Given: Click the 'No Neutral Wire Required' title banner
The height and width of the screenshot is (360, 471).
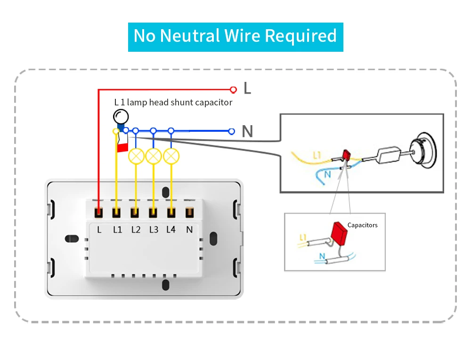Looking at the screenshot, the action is pos(235,37).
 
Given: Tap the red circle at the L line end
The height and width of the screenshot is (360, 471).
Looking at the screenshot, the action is pos(233,89).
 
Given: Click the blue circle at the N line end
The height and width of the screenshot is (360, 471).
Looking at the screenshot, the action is pos(231,131).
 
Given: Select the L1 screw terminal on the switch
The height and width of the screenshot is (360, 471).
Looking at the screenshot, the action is pos(116,213).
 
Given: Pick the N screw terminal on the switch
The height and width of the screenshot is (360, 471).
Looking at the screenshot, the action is pos(189,213).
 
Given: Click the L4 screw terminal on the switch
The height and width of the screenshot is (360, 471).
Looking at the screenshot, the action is pos(171,213).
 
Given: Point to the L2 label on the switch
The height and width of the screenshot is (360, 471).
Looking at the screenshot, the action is pos(136,230).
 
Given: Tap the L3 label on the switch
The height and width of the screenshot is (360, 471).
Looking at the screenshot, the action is pos(154,230).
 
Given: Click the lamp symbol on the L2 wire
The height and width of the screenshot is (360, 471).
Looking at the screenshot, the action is pos(136,156).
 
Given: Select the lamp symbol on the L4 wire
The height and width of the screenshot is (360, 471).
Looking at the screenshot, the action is pos(171,156).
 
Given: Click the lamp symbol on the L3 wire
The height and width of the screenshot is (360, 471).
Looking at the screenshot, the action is pos(154,156).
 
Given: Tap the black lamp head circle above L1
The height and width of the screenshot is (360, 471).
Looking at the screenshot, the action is pos(121,116).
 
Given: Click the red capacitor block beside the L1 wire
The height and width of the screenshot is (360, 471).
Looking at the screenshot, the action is pos(122,148).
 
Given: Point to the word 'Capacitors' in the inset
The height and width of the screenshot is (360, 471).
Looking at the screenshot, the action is pos(362,225).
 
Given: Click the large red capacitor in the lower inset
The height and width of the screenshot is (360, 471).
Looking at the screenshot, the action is pos(339,231).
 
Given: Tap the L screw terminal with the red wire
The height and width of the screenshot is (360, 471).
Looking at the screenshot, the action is pos(98,213).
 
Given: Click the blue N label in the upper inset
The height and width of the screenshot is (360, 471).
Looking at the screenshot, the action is pos(327,174).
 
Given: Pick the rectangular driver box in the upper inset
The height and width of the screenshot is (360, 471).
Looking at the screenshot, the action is pos(388,155).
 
